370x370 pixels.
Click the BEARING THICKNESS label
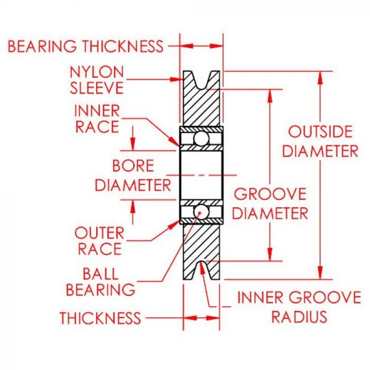(x=85, y=46)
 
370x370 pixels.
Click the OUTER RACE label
(x=98, y=240)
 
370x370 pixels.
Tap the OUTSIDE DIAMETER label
(x=320, y=141)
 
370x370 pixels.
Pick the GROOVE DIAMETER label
(x=271, y=203)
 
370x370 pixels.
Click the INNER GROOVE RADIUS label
(x=299, y=306)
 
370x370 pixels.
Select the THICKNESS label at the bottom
(x=100, y=318)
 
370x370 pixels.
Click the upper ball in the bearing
(x=201, y=138)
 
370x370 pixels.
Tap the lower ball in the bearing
(x=201, y=211)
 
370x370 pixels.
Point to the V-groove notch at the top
(x=201, y=80)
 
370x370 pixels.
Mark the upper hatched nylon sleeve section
(x=201, y=108)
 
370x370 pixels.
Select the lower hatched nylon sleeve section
(x=201, y=242)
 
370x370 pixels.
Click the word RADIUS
(x=299, y=316)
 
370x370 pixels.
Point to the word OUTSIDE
(x=320, y=132)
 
